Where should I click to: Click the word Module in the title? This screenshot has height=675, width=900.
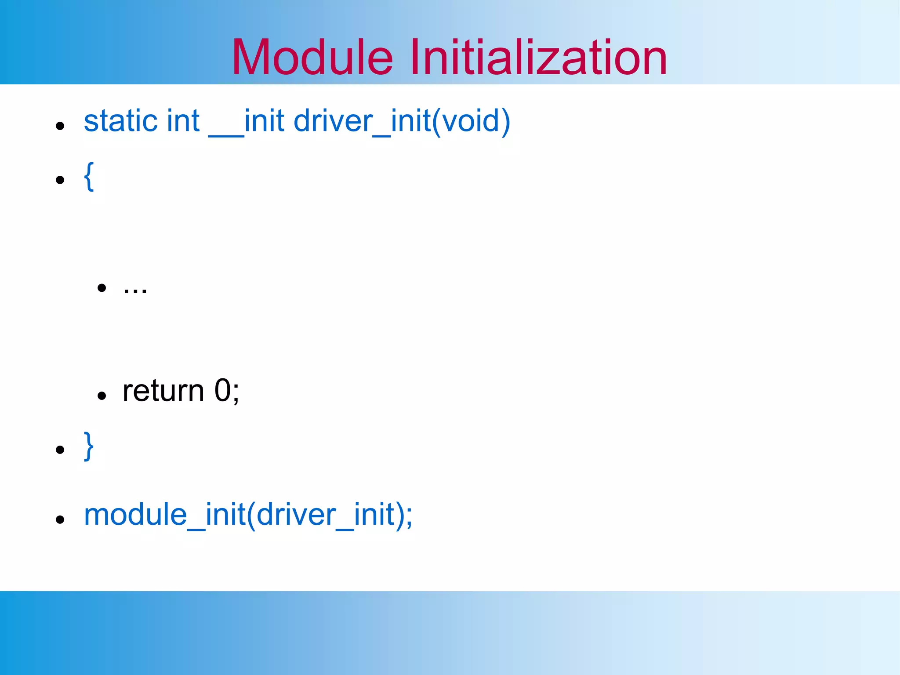(x=312, y=57)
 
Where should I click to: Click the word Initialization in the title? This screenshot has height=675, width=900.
(x=539, y=57)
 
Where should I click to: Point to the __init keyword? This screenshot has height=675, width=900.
(x=246, y=122)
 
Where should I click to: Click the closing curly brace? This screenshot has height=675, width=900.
(x=89, y=446)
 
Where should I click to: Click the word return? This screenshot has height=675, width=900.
(x=163, y=391)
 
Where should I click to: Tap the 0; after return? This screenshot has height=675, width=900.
(x=227, y=391)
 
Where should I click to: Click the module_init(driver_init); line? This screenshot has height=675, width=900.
(x=248, y=515)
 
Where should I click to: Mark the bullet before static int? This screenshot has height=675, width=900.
(x=60, y=126)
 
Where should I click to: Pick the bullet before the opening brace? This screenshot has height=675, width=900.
(x=60, y=180)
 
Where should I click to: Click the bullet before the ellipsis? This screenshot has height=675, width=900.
(x=102, y=288)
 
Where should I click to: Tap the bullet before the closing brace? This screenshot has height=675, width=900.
(x=60, y=450)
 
